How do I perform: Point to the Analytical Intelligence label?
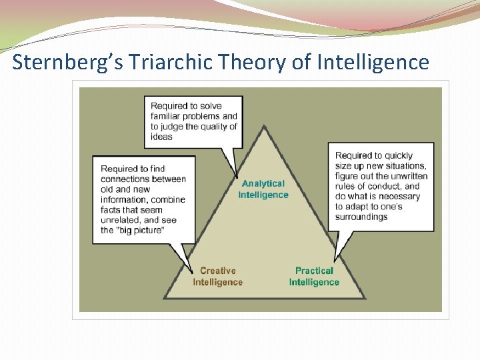pos(263,189)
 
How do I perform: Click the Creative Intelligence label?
pos(218,277)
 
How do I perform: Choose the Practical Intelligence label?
pos(314,277)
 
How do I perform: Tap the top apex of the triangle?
pos(264,126)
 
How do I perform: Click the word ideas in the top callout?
pos(161,137)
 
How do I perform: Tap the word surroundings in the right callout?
pos(361,217)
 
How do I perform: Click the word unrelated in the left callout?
pos(120,220)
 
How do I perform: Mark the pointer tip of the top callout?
pos(235,177)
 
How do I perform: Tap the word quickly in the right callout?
pos(399,156)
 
